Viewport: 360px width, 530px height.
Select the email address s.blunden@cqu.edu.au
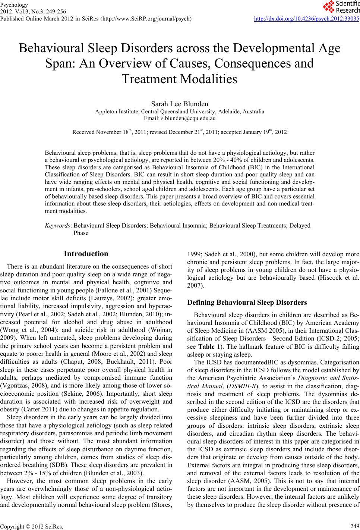pyautogui.click(x=180, y=118)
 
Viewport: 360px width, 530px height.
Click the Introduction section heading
pyautogui.click(x=86, y=254)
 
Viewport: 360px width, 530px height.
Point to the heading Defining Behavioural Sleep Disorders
pyautogui.click(x=247, y=302)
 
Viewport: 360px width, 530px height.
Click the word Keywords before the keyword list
pyautogui.click(x=57, y=226)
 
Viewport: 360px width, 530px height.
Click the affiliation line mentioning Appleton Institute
pyautogui.click(x=180, y=112)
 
